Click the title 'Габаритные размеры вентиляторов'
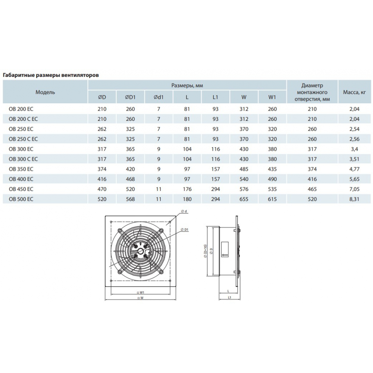(51, 75)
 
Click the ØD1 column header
(130, 97)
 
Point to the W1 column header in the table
(272, 97)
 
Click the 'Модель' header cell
(45, 92)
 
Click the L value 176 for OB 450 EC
(187, 189)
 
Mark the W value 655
(244, 199)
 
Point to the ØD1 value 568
(130, 199)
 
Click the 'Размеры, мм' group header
(187, 85)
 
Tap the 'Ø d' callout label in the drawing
(184, 211)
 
